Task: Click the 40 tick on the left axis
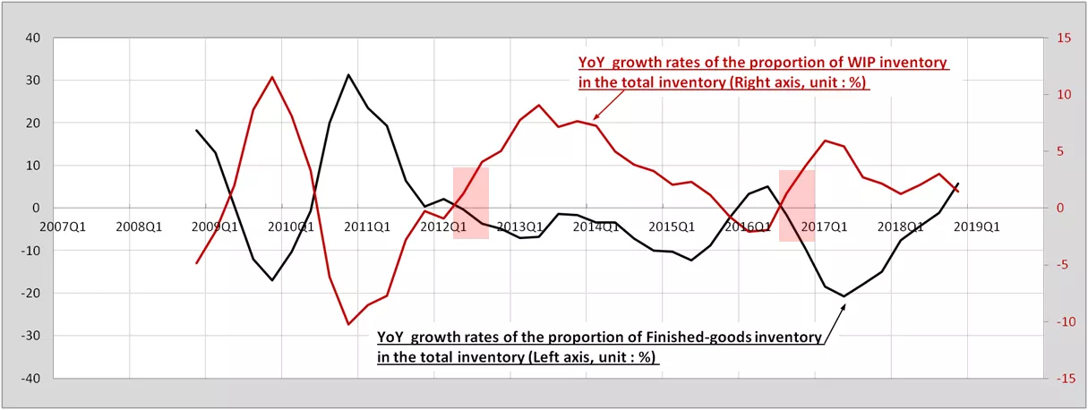coord(33,38)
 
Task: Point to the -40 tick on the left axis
coord(31,379)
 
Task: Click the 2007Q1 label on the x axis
coord(63,226)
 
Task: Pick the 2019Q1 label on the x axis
coord(977,226)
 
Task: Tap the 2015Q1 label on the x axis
coord(672,226)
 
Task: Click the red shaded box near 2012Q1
coord(471,203)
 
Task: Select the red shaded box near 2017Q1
coord(797,206)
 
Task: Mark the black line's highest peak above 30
coord(348,75)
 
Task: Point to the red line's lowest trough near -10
coord(348,324)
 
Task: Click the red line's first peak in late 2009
coord(272,77)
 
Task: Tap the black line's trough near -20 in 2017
coord(844,295)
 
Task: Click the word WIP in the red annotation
coord(862,62)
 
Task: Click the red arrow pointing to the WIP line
coord(609,105)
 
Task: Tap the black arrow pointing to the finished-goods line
coord(835,323)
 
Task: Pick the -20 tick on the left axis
coord(31,294)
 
